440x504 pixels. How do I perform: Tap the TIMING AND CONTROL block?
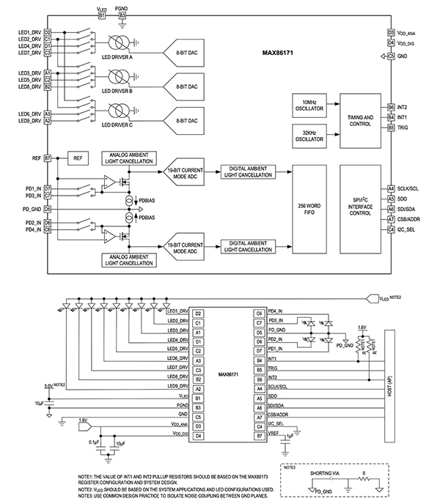click(359, 120)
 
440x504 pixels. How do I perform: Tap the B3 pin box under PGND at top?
click(122, 15)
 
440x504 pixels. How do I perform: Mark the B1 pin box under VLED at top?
click(101, 15)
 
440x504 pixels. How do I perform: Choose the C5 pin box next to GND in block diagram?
click(391, 56)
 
